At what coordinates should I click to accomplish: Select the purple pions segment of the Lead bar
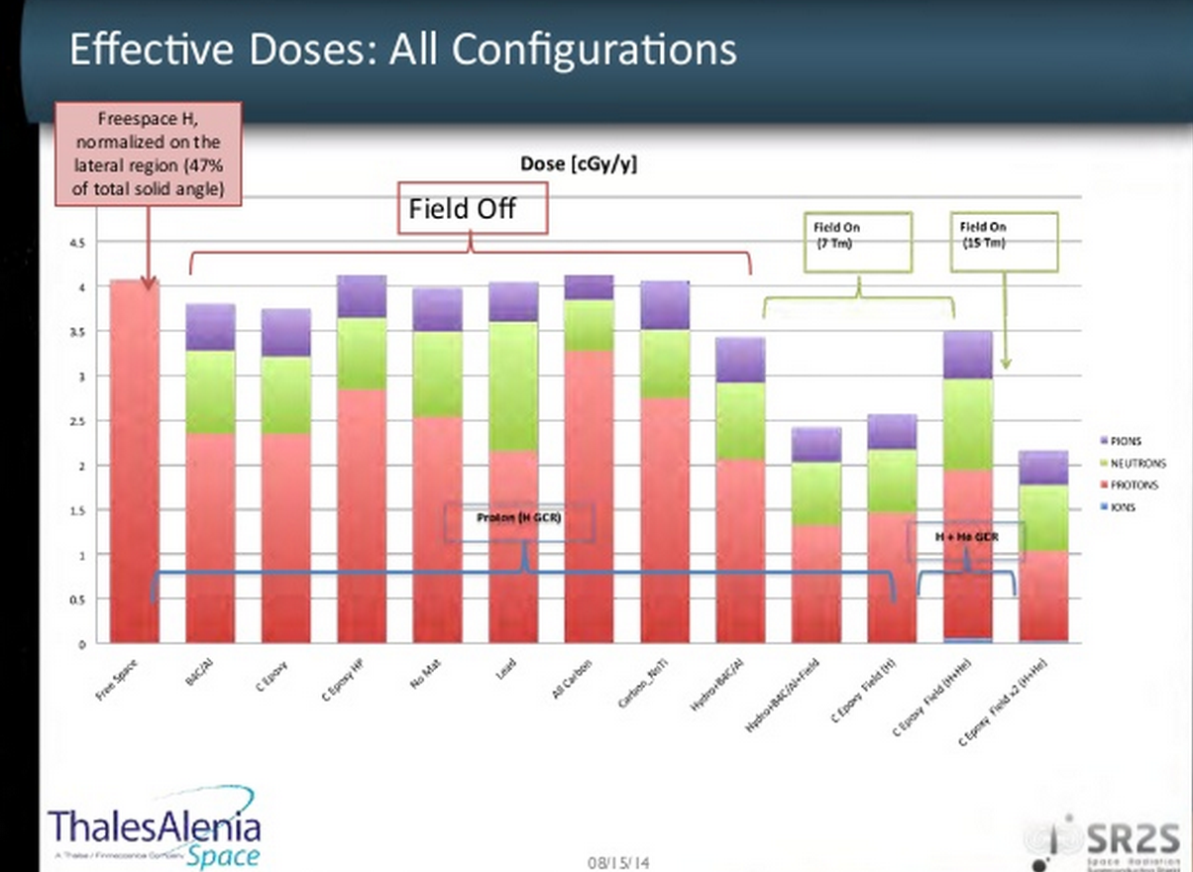(x=513, y=301)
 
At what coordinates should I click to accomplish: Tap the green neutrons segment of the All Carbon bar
(x=589, y=325)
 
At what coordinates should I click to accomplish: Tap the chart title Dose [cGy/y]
(x=579, y=164)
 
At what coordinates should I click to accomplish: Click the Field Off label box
(x=472, y=208)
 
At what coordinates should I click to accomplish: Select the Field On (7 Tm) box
(x=855, y=241)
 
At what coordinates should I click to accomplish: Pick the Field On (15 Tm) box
(x=1004, y=241)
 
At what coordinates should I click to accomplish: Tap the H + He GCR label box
(x=966, y=536)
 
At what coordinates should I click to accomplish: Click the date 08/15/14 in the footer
(x=618, y=862)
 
